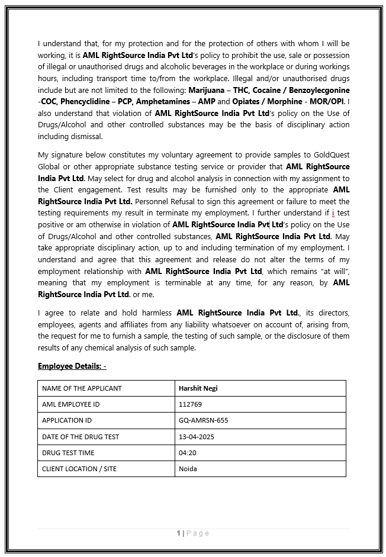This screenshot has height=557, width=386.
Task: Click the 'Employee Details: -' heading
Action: [72, 366]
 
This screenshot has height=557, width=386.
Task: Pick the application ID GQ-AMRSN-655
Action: [203, 420]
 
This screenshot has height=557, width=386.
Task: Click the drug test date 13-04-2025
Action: [196, 437]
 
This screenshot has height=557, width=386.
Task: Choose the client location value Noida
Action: [188, 469]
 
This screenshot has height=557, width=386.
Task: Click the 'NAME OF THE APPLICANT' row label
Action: [82, 388]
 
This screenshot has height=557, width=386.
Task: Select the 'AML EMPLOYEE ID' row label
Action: [70, 404]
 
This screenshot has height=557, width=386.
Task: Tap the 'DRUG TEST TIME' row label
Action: [68, 453]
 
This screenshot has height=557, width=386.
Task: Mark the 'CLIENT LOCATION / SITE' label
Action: [79, 469]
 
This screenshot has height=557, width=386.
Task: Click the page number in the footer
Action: [179, 533]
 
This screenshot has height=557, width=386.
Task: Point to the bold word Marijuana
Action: [207, 91]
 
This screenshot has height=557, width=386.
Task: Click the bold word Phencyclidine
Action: [82, 102]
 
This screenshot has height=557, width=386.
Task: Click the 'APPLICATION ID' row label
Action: [67, 420]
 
